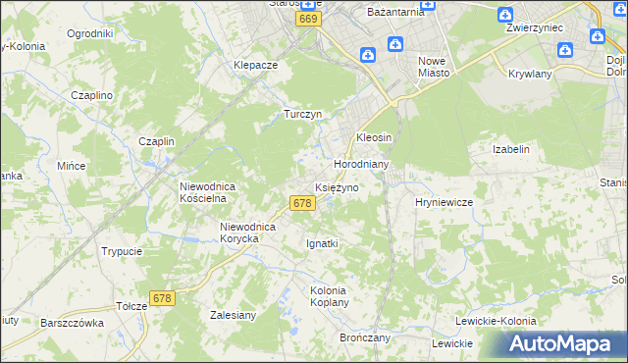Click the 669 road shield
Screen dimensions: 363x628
tap(309, 20)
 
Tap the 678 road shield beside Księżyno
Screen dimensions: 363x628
tap(302, 203)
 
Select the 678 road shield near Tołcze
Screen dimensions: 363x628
tap(162, 297)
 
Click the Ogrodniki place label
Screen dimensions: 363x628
tap(89, 33)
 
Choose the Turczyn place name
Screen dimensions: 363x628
tap(303, 114)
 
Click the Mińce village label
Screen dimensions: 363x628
tap(72, 166)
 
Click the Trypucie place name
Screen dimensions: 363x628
tap(122, 251)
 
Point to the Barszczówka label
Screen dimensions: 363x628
tap(72, 322)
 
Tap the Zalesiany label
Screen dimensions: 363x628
tap(234, 315)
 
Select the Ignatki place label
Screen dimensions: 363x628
tap(323, 243)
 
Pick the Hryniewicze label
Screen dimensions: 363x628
tap(445, 201)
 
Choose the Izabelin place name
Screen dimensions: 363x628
tap(510, 149)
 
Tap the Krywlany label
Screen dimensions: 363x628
tap(531, 74)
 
